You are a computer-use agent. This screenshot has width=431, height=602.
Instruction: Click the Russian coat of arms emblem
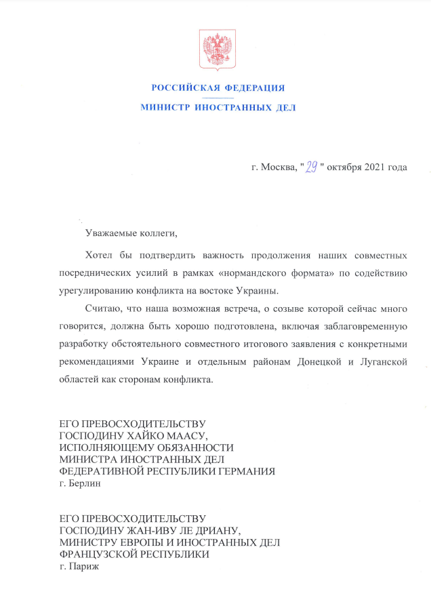218,49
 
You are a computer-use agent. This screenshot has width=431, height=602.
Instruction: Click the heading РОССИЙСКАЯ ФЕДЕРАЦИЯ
218,88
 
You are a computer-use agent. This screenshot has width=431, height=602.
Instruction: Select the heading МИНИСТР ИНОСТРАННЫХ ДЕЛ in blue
218,108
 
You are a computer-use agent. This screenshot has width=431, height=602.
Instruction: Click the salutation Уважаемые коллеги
131,234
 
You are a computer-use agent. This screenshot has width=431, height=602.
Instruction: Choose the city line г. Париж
79,566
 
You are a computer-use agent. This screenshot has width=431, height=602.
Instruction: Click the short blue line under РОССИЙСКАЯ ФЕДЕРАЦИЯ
218,98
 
